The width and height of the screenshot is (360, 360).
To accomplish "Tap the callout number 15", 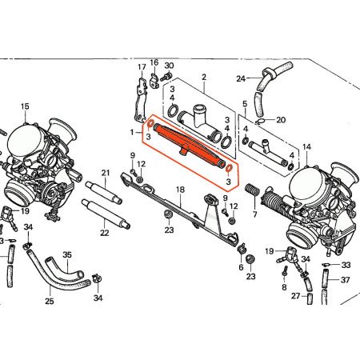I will [24, 106].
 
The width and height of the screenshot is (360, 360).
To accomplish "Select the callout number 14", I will [307, 147].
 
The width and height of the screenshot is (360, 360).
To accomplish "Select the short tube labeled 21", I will [103, 193].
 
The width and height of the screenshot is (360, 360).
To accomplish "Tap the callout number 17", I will [142, 66].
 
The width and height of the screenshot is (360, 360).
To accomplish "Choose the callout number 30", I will [169, 65].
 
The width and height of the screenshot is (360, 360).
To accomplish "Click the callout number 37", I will [346, 280].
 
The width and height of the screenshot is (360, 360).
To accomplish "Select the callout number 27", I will [295, 296].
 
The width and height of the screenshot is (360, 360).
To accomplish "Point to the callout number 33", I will [346, 265].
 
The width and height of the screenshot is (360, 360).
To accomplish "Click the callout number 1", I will [133, 130].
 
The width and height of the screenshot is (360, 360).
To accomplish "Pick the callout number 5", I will [245, 105].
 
